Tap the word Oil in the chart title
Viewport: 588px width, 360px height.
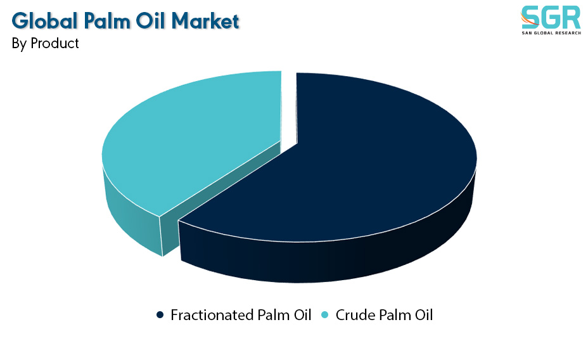click(x=150, y=21)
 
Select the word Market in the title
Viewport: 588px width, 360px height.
click(x=205, y=21)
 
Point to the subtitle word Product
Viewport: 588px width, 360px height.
click(x=54, y=43)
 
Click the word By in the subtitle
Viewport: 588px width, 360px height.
click(x=19, y=44)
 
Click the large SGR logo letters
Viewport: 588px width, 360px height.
click(x=551, y=17)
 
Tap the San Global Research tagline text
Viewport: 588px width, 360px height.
click(x=551, y=33)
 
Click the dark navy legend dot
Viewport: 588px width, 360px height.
click(x=160, y=314)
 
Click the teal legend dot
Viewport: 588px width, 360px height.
click(x=325, y=314)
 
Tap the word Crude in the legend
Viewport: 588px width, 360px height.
click(x=355, y=315)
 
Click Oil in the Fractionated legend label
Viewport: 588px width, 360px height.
click(x=302, y=315)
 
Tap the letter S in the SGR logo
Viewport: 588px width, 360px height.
click(x=530, y=17)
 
